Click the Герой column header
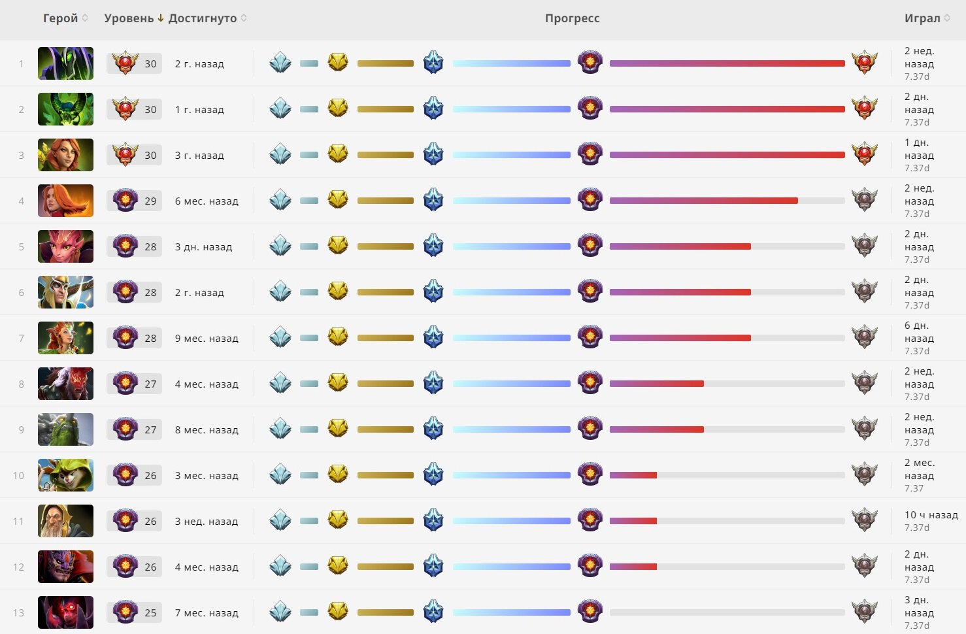(x=60, y=18)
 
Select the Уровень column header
(x=129, y=18)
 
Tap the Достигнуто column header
(x=203, y=18)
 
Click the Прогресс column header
(x=572, y=18)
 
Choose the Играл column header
(x=922, y=18)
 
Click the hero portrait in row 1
(x=65, y=63)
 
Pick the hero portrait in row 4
(x=65, y=201)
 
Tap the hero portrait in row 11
(x=65, y=521)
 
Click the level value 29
(x=150, y=201)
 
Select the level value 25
(x=150, y=613)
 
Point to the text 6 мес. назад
(x=207, y=201)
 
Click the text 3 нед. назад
(x=207, y=522)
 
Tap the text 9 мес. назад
(x=207, y=339)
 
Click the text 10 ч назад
(x=931, y=515)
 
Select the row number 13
(x=18, y=613)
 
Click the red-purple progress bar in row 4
(x=703, y=201)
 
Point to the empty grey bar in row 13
(x=727, y=612)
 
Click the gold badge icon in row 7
(x=338, y=337)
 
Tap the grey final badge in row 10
(x=864, y=475)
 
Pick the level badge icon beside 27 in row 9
(x=125, y=429)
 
